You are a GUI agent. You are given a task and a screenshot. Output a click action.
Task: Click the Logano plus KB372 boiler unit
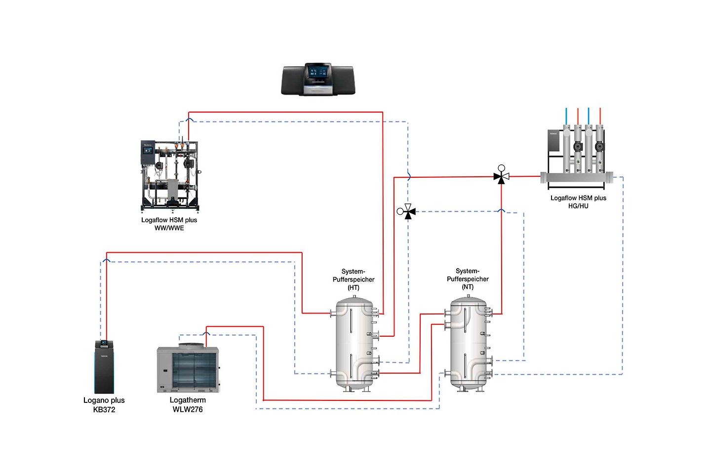click(x=104, y=368)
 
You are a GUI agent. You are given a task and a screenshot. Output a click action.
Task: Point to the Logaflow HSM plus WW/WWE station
click(x=169, y=175)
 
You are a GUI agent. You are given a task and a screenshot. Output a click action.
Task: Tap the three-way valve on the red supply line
click(x=501, y=176)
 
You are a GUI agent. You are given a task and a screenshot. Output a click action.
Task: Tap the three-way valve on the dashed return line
click(x=407, y=212)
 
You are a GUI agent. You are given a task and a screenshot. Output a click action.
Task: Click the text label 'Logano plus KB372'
click(x=104, y=405)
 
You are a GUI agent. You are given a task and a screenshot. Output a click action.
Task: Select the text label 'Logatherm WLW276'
click(x=188, y=405)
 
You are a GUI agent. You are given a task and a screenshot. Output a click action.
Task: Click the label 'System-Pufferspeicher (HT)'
click(x=354, y=279)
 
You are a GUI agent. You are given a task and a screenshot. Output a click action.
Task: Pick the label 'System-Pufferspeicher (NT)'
click(x=468, y=279)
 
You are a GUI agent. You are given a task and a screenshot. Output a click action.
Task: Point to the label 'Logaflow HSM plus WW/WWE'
click(x=169, y=224)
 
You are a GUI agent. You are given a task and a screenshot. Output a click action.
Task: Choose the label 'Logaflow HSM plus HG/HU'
click(x=578, y=202)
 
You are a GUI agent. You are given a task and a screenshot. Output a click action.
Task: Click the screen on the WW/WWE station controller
click(x=148, y=148)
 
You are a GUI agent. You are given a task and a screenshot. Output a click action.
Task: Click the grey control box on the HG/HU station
click(x=553, y=141)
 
